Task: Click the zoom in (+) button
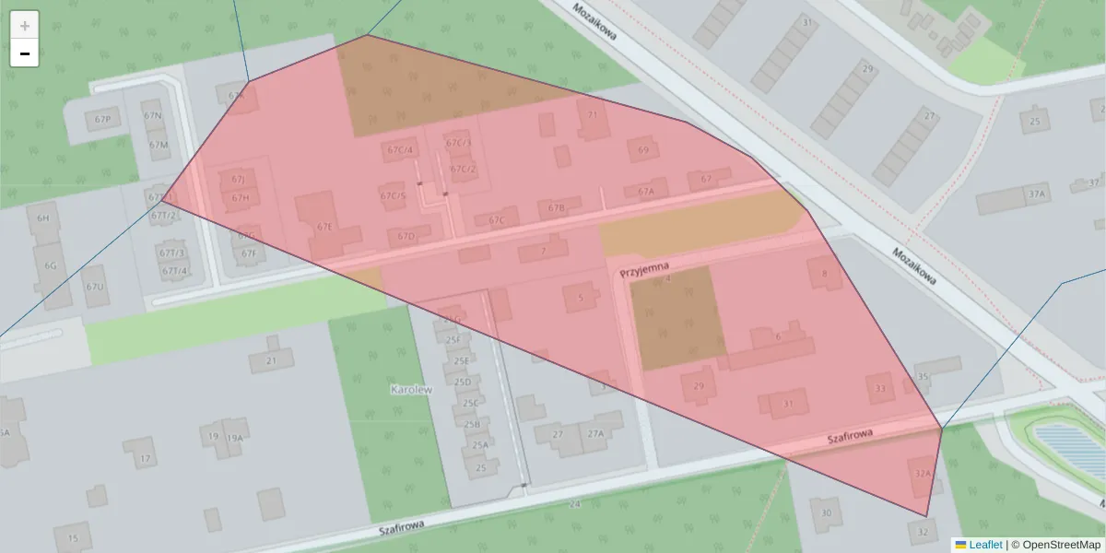pos(25,26)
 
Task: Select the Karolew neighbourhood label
pos(411,389)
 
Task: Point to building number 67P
pos(101,120)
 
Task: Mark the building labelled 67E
pos(324,226)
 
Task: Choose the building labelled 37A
pos(1038,194)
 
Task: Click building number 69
pos(643,150)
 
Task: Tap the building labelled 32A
pos(924,473)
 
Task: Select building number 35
pos(923,376)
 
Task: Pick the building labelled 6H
pos(42,218)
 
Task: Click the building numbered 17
pos(145,458)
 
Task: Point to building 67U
pos(95,287)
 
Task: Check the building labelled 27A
pos(594,434)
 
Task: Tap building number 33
pos(880,389)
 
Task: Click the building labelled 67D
pos(406,237)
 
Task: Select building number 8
pos(824,273)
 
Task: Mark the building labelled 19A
pos(235,438)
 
